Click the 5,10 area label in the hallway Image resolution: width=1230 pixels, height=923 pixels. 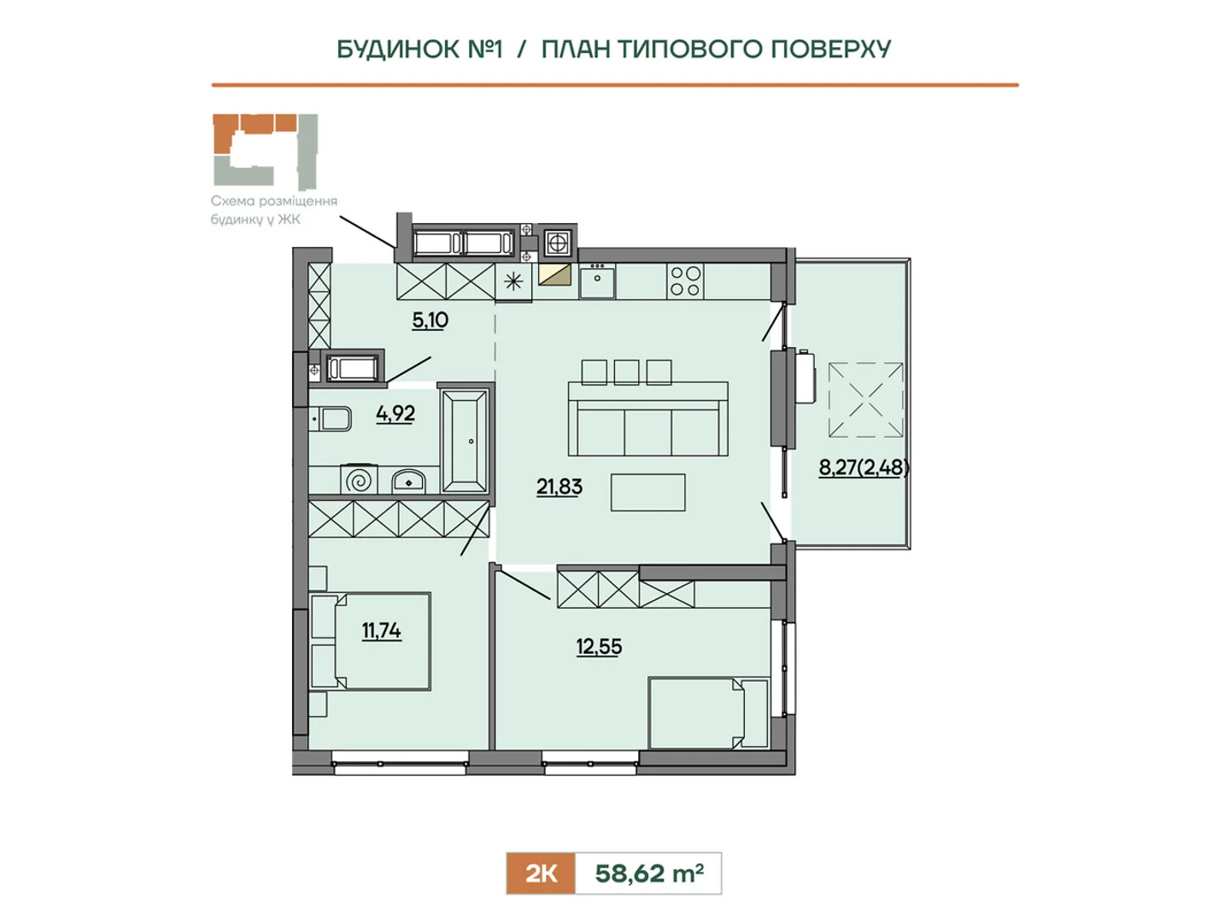pos(430,321)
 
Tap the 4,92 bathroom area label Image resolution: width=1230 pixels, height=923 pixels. pos(396,414)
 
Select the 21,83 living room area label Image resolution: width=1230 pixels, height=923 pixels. pos(559,487)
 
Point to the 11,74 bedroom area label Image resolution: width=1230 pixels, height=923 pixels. pos(381,631)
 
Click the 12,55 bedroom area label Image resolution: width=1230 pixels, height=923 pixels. pos(598,647)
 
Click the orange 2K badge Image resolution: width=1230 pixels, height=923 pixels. pos(540,873)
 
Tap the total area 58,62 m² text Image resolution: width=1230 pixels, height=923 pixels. pos(649,873)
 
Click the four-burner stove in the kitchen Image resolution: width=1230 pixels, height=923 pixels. pos(685,282)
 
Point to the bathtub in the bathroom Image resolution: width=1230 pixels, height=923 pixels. pos(464,441)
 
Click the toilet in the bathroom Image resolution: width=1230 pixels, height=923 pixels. pos(331,419)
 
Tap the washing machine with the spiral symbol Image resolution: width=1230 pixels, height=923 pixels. pos(359,480)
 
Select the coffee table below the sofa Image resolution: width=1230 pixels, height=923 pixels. pos(648,492)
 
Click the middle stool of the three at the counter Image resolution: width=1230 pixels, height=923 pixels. pos(627,372)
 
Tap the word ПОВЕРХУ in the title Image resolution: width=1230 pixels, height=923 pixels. pos(831,49)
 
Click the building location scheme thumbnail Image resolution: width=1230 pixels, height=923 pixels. pos(265,152)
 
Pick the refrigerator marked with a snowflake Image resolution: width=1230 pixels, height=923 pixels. pos(514,282)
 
